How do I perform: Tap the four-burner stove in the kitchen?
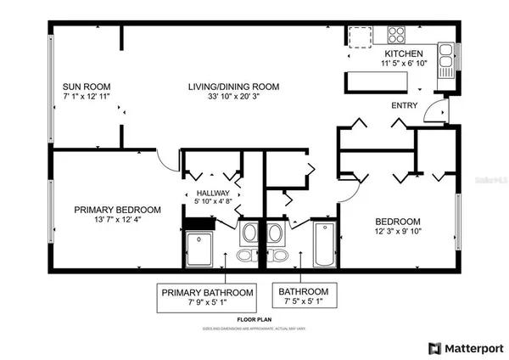pos(396,35)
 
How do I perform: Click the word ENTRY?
pos(404,105)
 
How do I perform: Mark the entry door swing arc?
pos(437,108)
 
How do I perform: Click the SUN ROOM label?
pos(87,87)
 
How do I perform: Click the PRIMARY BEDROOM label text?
pos(117,210)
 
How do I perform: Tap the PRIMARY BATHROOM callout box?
pos(207,297)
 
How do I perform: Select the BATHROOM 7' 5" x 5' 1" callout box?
pos(301,297)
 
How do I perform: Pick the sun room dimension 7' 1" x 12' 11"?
pos(87,98)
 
